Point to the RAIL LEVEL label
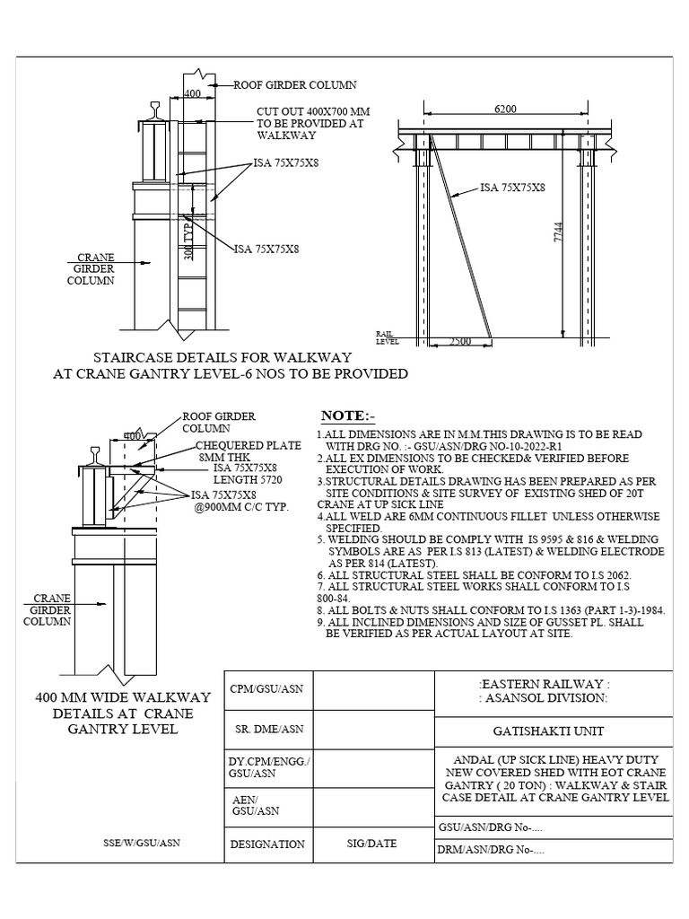[x=386, y=337]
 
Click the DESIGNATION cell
[x=267, y=845]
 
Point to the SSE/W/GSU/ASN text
[x=141, y=844]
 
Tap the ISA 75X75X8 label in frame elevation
[x=513, y=188]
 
